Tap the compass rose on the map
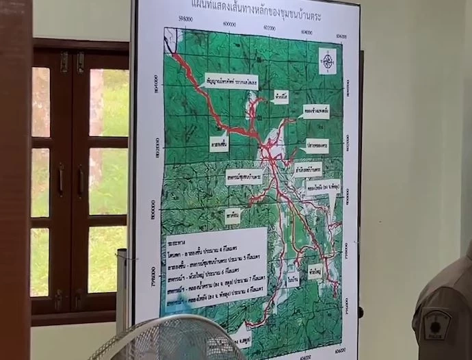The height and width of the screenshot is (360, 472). [x=328, y=62]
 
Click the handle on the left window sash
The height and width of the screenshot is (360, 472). [x=61, y=179]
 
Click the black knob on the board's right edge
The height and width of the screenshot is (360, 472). [x=360, y=313]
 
